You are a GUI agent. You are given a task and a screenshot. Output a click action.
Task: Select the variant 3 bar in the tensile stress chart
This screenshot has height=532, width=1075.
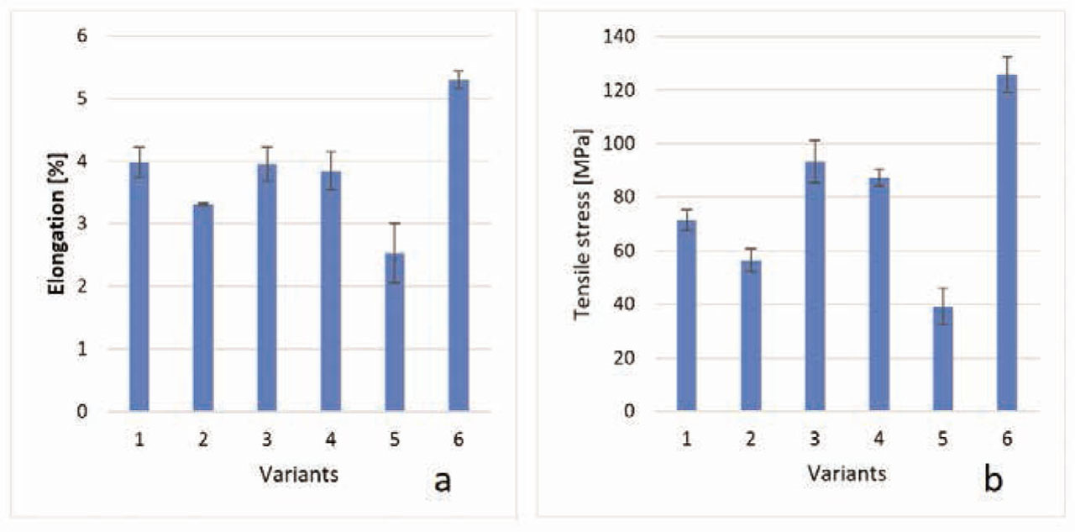815,287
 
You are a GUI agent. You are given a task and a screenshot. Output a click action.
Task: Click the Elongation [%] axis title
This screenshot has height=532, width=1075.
56,224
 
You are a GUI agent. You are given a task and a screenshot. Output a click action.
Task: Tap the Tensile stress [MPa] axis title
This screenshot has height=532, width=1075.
581,224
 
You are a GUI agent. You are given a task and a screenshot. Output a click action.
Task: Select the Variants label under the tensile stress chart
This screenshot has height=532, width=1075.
847,473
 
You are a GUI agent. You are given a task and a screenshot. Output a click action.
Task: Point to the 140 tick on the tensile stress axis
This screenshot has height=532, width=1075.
624,37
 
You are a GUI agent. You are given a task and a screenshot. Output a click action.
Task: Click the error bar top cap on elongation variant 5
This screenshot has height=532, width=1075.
394,224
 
